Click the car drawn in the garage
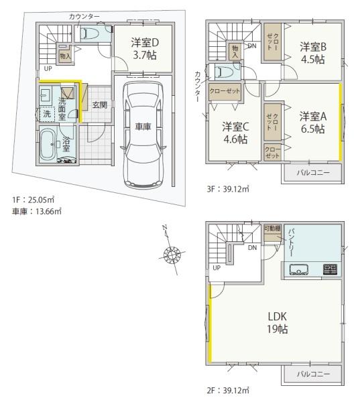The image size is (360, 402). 143,135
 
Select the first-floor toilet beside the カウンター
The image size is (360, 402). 89,33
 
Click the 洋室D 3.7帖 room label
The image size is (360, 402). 145,49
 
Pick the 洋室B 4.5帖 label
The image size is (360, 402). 313,53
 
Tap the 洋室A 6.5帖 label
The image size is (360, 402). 313,123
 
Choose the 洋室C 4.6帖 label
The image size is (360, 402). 235,133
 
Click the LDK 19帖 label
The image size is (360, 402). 278,322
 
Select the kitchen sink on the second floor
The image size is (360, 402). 299,269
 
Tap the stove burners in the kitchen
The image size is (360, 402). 331,269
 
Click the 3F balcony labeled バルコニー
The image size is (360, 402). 312,173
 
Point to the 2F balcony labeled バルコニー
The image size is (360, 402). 312,375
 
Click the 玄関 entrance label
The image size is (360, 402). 100,105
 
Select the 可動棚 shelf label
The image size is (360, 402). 272,228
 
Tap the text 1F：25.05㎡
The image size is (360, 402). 33,200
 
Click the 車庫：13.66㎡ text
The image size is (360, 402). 37,212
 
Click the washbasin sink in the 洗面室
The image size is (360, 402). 46,94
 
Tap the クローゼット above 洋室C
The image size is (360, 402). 225,92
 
